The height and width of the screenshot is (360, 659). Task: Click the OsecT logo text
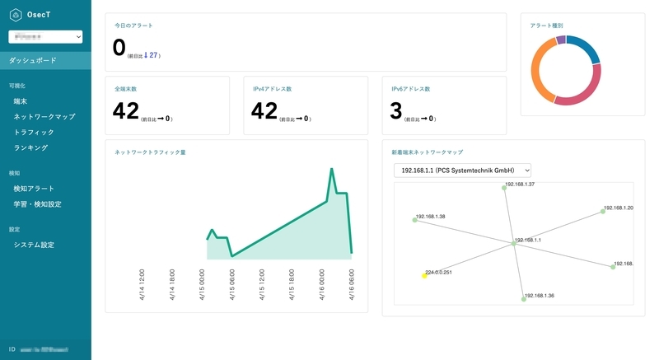[40, 14]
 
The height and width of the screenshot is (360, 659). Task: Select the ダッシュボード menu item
[34, 60]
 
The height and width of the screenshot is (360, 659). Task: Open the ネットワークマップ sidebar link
[44, 117]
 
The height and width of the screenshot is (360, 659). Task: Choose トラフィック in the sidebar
[34, 133]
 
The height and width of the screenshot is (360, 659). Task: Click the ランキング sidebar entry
[31, 148]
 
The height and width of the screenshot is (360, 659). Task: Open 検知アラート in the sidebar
[34, 189]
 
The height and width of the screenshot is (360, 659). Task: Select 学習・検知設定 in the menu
[38, 204]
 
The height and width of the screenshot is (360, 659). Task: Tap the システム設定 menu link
[35, 245]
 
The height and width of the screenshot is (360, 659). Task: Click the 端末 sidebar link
[21, 101]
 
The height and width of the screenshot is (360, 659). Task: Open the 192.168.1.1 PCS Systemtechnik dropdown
[462, 170]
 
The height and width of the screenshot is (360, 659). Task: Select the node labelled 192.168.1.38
[414, 219]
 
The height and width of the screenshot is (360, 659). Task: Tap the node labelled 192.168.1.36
[523, 299]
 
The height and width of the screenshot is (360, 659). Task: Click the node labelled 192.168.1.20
[603, 211]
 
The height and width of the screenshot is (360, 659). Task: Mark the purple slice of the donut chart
[561, 40]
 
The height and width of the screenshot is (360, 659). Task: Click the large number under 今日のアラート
[119, 48]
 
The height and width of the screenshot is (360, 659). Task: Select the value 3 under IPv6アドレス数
[396, 111]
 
